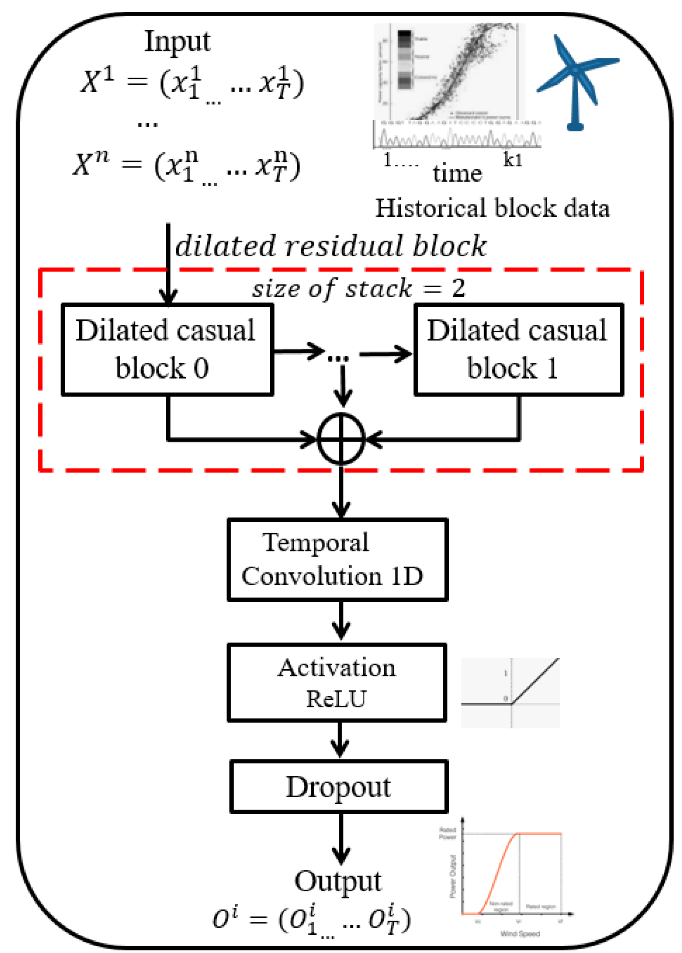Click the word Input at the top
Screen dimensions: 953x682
[177, 42]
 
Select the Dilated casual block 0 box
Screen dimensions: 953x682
[168, 349]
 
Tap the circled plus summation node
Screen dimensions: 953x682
[341, 439]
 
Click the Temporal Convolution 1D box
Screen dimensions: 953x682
[337, 559]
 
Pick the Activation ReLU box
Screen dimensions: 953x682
[337, 682]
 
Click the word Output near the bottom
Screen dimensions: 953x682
[338, 881]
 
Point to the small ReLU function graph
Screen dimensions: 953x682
[510, 692]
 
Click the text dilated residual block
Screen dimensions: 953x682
[331, 246]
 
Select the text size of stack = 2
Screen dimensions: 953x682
[359, 288]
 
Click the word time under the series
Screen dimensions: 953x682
[457, 173]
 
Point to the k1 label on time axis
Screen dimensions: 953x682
[512, 160]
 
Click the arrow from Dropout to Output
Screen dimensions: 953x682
[341, 838]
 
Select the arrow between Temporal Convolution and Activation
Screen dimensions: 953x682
[341, 620]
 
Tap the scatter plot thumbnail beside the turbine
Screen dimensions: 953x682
[450, 72]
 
